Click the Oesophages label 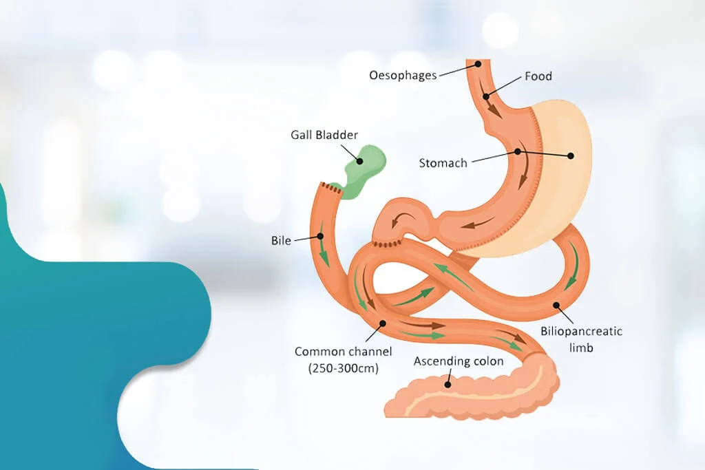coord(403,75)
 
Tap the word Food coord(538,76)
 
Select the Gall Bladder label coord(324,135)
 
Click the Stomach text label coord(443,163)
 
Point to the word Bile coord(282,241)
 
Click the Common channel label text coord(344,352)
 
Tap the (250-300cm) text coord(344,367)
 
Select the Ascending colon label coord(459,361)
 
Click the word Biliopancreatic coord(581,332)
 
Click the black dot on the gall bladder coord(359,160)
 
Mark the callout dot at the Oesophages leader coord(474,64)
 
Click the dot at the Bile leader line coord(320,237)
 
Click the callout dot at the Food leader coord(487,96)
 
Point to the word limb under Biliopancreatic coord(581,348)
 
